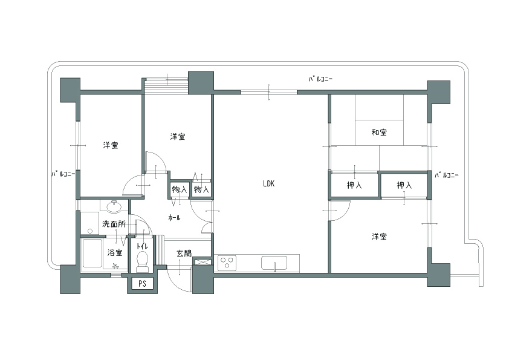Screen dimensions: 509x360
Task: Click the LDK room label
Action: tap(268, 183)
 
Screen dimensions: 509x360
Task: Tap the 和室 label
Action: tap(379, 133)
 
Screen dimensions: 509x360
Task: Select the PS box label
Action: tap(142, 284)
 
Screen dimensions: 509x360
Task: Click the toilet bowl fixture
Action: tap(142, 262)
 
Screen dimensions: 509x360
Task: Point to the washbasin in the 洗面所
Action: tap(113, 206)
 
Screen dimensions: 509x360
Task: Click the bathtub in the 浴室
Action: tap(92, 253)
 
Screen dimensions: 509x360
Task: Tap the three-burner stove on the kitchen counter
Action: tap(227, 263)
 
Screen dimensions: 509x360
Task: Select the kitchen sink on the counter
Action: tap(274, 263)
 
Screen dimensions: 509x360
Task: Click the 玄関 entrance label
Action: tap(184, 253)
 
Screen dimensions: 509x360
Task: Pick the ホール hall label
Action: tap(174, 218)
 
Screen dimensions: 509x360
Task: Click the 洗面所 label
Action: tap(114, 224)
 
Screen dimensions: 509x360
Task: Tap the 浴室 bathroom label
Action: tap(115, 252)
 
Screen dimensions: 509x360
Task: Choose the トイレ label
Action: tap(142, 246)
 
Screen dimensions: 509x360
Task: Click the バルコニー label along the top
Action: tap(320, 79)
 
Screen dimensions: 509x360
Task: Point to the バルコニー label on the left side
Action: tap(63, 174)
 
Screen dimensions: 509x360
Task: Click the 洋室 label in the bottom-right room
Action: tap(379, 237)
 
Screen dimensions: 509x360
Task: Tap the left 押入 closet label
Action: tap(354, 185)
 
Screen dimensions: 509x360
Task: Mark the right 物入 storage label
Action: tap(201, 189)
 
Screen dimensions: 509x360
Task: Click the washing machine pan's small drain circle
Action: tap(90, 231)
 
